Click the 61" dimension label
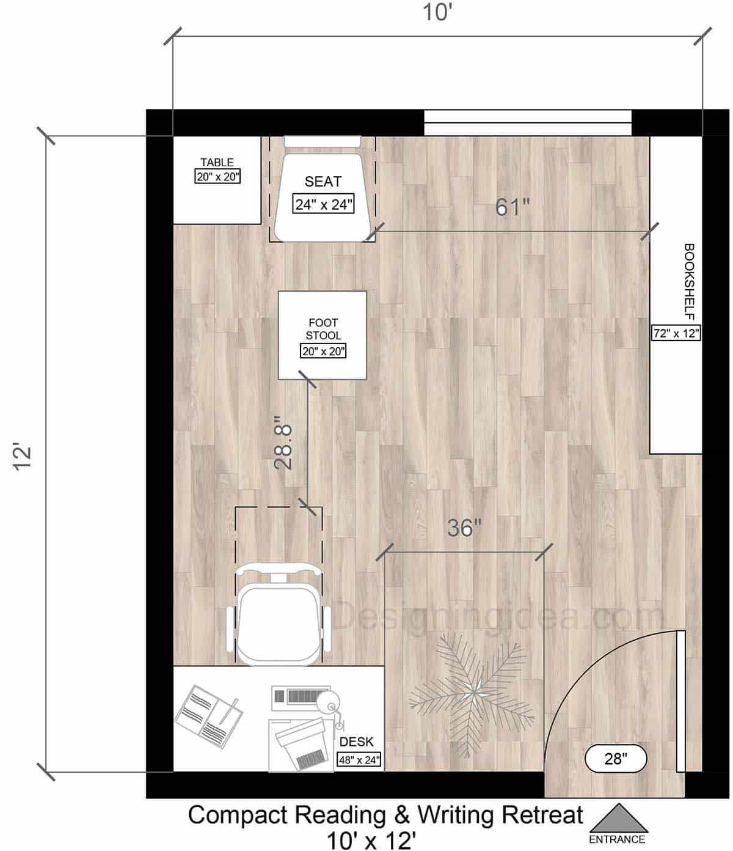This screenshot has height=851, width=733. click(x=512, y=208)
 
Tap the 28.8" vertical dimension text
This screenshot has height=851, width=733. click(x=284, y=443)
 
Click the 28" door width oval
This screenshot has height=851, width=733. click(x=616, y=759)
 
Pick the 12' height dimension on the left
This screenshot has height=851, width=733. click(x=23, y=457)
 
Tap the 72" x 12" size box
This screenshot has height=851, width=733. click(x=676, y=333)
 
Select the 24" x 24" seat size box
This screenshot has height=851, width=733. click(x=324, y=204)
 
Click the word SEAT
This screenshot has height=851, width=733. click(x=323, y=182)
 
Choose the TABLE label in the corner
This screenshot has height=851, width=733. click(x=217, y=163)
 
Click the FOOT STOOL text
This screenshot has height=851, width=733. click(x=323, y=329)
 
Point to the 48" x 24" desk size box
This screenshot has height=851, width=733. click(x=360, y=760)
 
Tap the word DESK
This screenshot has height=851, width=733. click(x=357, y=742)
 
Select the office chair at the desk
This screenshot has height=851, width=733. click(x=279, y=617)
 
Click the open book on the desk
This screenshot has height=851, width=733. click(x=208, y=713)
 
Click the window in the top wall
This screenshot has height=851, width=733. click(x=528, y=122)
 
